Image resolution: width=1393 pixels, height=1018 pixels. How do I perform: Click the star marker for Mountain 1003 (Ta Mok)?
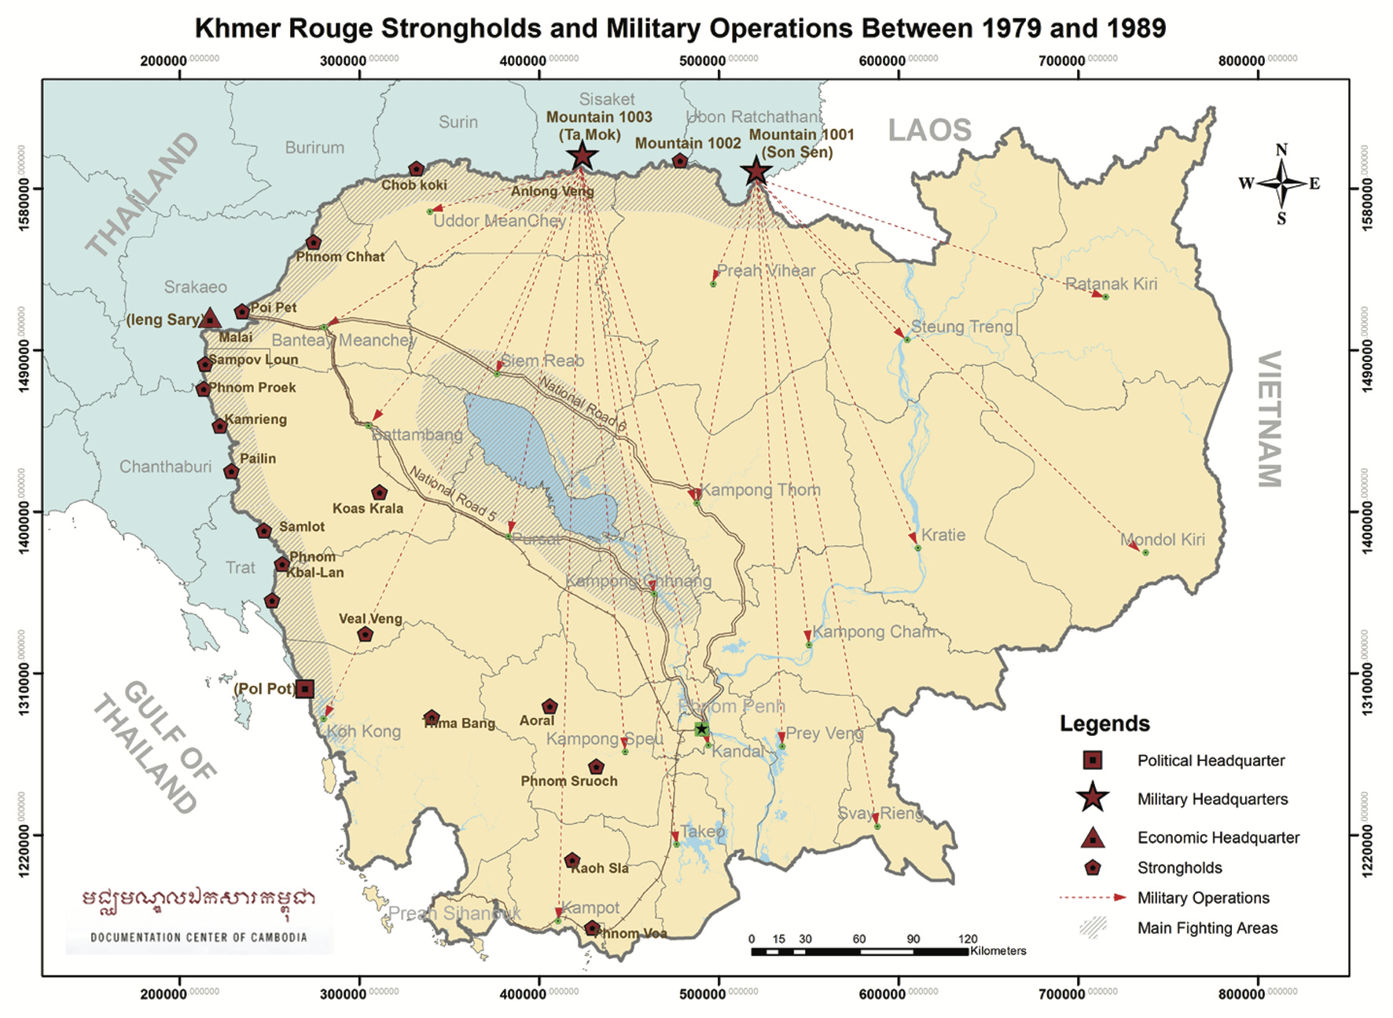click(x=582, y=156)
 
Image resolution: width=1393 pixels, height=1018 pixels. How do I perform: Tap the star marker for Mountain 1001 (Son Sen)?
click(x=756, y=170)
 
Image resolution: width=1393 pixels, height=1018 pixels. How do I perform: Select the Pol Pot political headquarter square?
click(x=304, y=689)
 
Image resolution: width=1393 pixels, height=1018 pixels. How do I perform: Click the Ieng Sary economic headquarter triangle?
click(x=209, y=319)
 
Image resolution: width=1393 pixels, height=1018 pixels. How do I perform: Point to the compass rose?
click(x=1281, y=184)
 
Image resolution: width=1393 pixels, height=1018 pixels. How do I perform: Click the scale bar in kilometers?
click(x=859, y=951)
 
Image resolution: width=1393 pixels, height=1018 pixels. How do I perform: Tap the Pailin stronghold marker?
click(x=231, y=471)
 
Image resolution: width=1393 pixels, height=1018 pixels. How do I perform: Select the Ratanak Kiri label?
click(x=1110, y=284)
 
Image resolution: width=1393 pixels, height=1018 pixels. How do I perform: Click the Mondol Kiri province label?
click(x=1162, y=540)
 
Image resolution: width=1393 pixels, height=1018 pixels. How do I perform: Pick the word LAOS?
click(x=929, y=130)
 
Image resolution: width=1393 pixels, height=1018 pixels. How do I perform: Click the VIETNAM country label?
click(x=1269, y=419)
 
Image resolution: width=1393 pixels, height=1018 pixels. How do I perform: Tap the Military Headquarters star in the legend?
click(x=1093, y=798)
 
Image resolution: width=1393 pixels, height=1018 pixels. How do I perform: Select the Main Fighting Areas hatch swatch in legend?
click(x=1093, y=928)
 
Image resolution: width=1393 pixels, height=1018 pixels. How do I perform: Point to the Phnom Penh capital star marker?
click(x=702, y=729)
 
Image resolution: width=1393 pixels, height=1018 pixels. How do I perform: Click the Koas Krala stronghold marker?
click(x=379, y=493)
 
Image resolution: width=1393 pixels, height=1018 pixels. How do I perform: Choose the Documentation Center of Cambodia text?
click(x=199, y=937)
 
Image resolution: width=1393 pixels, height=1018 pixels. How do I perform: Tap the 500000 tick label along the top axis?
click(x=702, y=61)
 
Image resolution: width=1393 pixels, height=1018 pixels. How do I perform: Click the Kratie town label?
click(x=943, y=535)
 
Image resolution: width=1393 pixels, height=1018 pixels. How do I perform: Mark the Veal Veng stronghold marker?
click(x=365, y=634)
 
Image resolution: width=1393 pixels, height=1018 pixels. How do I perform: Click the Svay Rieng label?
click(x=880, y=813)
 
